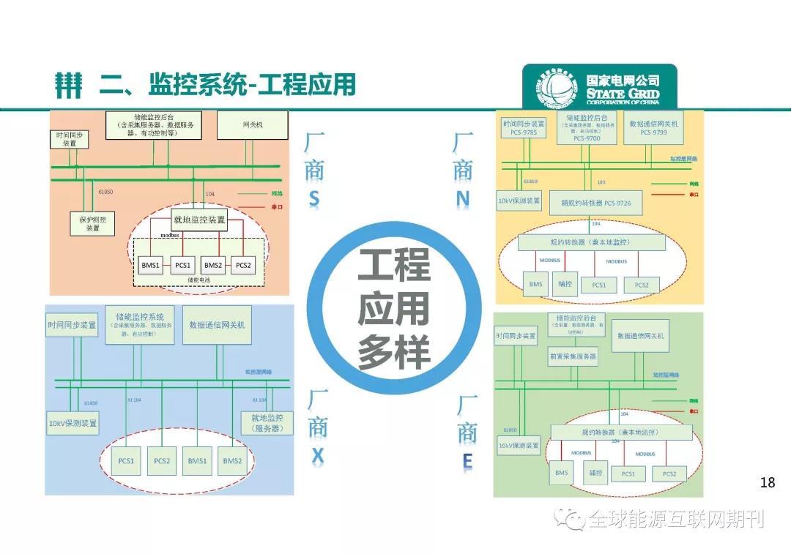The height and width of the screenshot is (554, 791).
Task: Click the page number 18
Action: [768, 482]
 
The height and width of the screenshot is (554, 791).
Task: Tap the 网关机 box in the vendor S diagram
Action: [253, 125]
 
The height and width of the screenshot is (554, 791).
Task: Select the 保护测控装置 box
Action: [93, 223]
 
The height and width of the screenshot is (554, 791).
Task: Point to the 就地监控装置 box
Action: [198, 220]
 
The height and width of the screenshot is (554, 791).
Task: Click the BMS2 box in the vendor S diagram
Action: [213, 265]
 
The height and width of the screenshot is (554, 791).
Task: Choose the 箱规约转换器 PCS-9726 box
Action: [590, 202]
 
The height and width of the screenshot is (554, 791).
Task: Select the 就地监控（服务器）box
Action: [267, 423]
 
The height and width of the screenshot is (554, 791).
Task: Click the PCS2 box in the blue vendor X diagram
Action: [162, 461]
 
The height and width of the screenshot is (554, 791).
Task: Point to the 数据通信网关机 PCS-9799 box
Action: [654, 128]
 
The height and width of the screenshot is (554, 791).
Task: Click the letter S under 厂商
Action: [314, 199]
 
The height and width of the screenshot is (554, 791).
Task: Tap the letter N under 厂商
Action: [463, 199]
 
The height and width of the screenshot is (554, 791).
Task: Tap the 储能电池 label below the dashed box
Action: [198, 280]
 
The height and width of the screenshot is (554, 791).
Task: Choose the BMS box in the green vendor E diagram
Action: [561, 473]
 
